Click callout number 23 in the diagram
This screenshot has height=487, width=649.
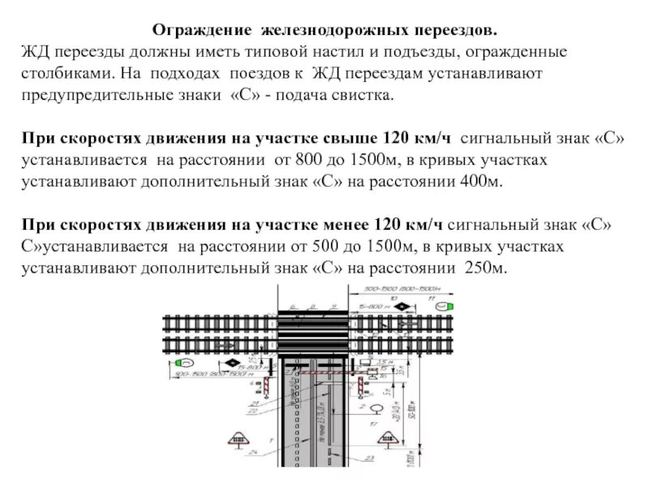[370, 459]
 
